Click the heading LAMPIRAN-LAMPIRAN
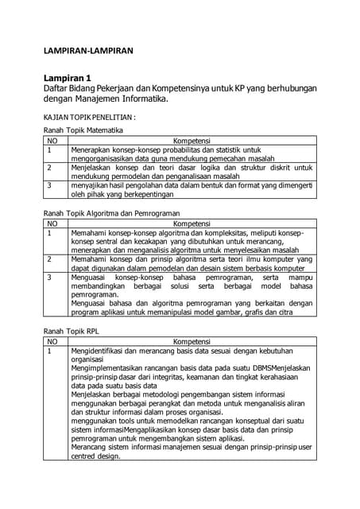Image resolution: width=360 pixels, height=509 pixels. (87, 50)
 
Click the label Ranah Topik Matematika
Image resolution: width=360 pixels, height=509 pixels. (82, 129)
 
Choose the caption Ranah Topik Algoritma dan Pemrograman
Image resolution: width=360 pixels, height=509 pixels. (110, 213)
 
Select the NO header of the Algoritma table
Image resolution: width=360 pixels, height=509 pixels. (53, 223)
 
